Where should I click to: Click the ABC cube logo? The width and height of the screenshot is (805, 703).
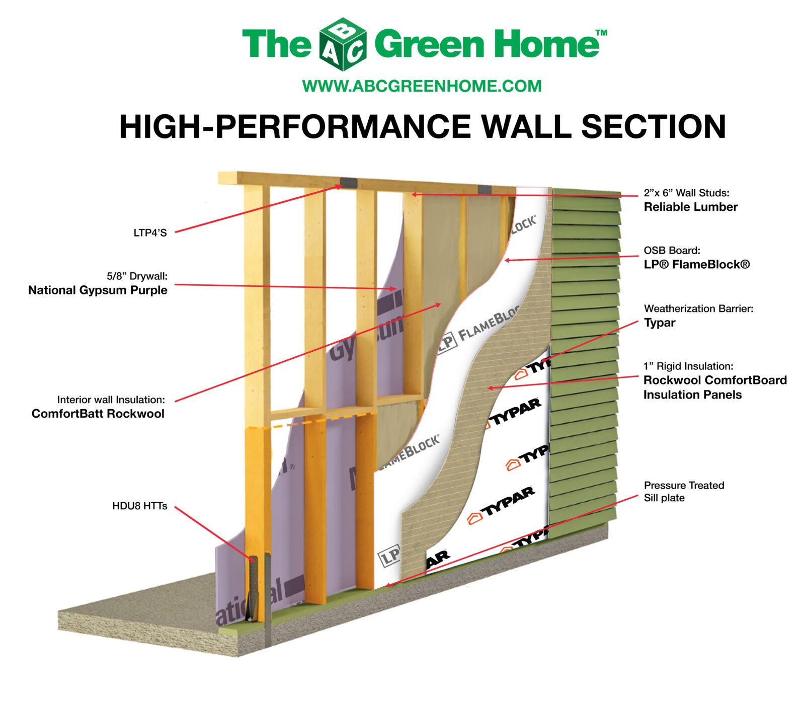(343, 44)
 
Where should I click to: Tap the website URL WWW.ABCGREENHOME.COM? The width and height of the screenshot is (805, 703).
(422, 86)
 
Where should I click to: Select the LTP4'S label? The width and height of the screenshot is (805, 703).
(150, 233)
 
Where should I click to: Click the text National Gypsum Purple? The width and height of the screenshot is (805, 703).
(98, 290)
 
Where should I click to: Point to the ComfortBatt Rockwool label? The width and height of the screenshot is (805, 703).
(98, 414)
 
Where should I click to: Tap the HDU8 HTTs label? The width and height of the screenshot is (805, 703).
(139, 506)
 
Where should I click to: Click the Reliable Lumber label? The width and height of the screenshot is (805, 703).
(690, 207)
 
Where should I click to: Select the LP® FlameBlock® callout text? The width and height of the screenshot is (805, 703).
(696, 265)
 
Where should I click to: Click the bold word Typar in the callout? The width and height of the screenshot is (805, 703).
(659, 323)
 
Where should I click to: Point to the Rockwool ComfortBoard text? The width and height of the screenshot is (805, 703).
(714, 380)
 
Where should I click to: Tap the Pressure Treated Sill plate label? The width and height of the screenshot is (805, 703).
(683, 492)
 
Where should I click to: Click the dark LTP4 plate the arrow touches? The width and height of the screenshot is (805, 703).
(348, 182)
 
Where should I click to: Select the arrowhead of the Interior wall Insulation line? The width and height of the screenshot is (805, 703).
(439, 304)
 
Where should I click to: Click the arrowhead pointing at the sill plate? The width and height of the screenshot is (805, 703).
(388, 585)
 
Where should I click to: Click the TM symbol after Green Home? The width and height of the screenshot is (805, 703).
(601, 33)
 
